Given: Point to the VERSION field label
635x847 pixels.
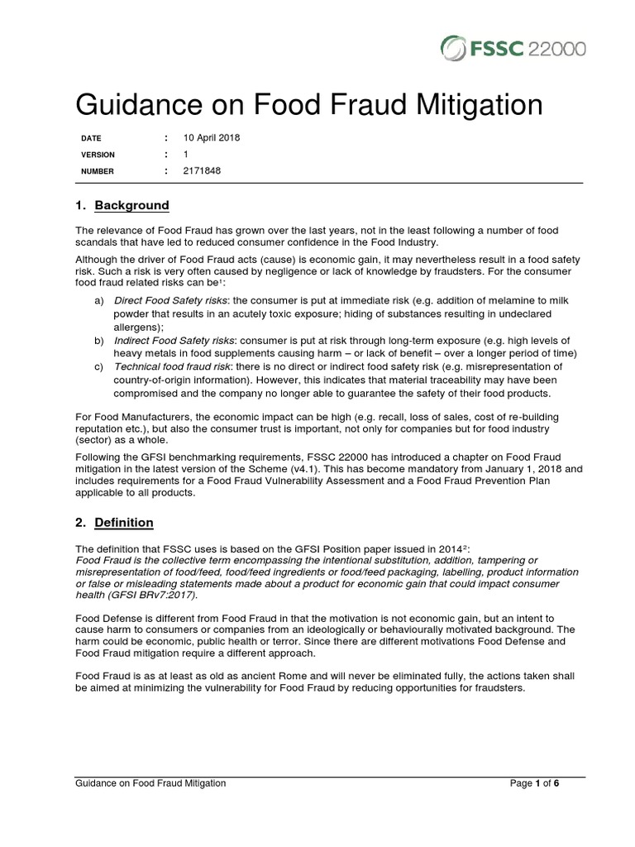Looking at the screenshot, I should point(98,155).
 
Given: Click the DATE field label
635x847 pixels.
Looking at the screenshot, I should point(90,138).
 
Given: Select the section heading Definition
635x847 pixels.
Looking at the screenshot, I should point(124,523).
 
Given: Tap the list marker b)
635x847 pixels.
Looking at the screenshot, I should point(98,339).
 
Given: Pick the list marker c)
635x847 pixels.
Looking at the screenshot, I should point(98,366).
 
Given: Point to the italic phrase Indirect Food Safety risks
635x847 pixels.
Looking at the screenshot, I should point(171,339).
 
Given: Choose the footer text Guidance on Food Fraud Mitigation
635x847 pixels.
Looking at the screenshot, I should point(150,783).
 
